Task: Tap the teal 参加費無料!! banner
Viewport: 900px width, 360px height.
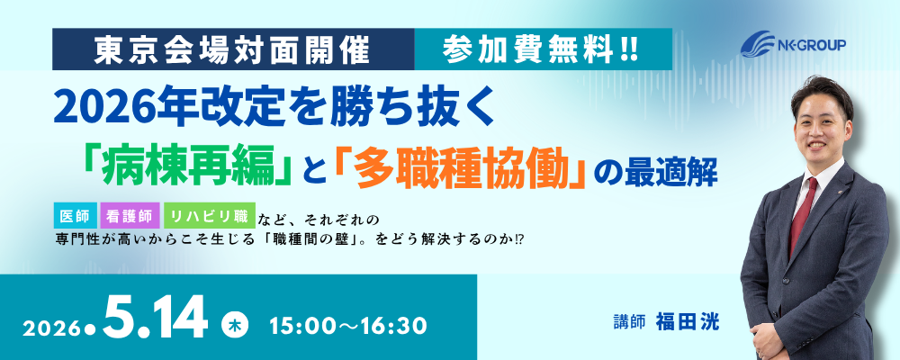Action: pyautogui.click(x=543, y=49)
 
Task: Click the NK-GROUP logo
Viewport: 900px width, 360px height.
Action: pyautogui.click(x=793, y=44)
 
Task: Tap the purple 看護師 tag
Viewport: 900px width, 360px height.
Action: pyautogui.click(x=130, y=217)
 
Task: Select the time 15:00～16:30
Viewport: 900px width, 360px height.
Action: pyautogui.click(x=348, y=326)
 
